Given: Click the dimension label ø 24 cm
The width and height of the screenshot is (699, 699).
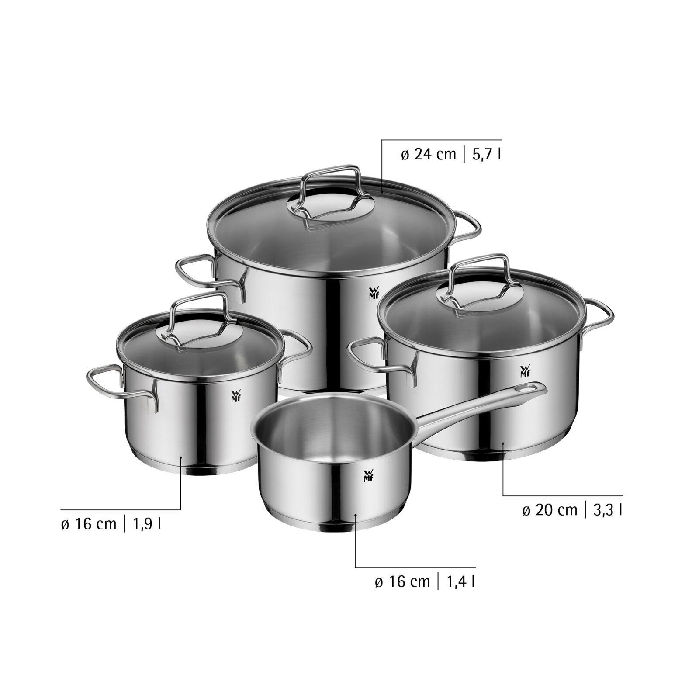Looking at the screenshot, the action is pyautogui.click(x=428, y=154).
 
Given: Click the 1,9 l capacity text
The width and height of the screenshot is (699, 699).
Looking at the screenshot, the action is pyautogui.click(x=146, y=524).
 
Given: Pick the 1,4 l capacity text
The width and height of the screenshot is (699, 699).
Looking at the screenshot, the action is pyautogui.click(x=460, y=582).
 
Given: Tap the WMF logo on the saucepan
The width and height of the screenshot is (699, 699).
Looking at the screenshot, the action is pyautogui.click(x=367, y=477).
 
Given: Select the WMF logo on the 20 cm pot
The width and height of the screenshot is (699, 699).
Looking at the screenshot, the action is pyautogui.click(x=525, y=371).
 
